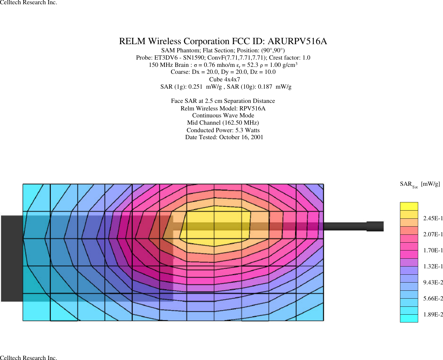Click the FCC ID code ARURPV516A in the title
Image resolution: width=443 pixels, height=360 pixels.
tap(297, 41)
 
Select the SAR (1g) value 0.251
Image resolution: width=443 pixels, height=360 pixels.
tap(195, 87)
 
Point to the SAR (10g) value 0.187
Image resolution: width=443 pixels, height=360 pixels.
tap(265, 87)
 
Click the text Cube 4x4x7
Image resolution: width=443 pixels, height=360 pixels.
tap(224, 80)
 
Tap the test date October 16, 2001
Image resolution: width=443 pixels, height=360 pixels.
tap(241, 137)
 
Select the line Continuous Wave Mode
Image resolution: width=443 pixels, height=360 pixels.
tap(223, 116)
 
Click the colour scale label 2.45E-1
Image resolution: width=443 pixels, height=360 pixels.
tap(433, 218)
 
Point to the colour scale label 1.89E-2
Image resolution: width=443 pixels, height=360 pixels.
tap(433, 315)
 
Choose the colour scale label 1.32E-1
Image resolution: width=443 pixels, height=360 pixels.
tap(433, 267)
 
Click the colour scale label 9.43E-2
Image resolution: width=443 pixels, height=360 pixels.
tap(433, 283)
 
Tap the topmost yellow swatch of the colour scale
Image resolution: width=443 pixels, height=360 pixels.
tap(409, 206)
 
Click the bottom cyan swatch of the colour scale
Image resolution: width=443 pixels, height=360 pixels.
tap(409, 318)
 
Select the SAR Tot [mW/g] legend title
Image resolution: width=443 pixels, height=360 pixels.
tap(420, 184)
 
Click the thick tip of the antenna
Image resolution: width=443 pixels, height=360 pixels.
tap(375, 226)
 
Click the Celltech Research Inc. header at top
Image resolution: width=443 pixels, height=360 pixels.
tap(28, 3)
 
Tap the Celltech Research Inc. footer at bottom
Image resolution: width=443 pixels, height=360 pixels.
tap(28, 358)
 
